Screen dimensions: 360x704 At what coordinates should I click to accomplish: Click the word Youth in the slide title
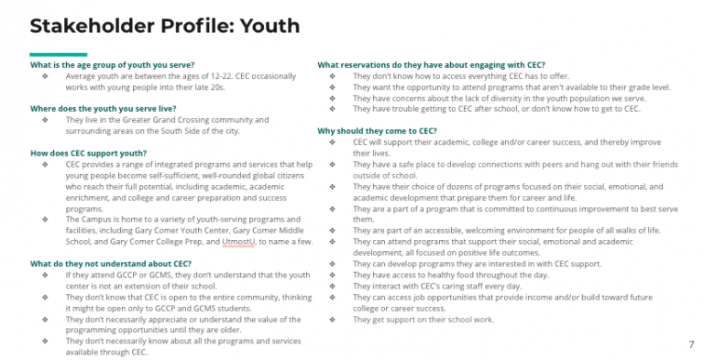coord(265,25)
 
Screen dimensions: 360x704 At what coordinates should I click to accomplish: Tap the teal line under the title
coord(59,54)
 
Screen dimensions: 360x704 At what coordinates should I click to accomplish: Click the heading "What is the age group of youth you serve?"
coord(102,66)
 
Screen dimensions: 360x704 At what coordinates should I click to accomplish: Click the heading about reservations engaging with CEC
coord(432,65)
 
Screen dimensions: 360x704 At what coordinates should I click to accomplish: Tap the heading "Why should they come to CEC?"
coord(377,131)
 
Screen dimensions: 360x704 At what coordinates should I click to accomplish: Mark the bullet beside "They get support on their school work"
coord(331,320)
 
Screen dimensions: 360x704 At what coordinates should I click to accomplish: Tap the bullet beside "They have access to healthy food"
coord(331,275)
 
